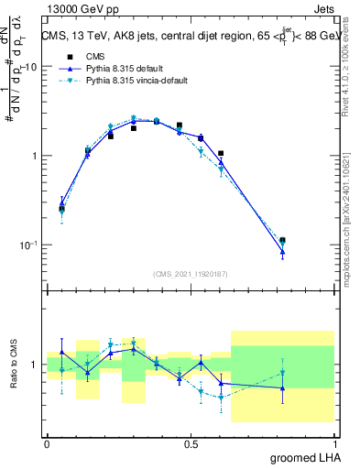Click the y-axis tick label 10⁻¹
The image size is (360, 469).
point(27,245)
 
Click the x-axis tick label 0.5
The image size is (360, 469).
point(191,443)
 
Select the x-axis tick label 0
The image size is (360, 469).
point(47,443)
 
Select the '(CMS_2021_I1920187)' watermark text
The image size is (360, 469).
point(191,273)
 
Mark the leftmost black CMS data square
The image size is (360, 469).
point(61,209)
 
